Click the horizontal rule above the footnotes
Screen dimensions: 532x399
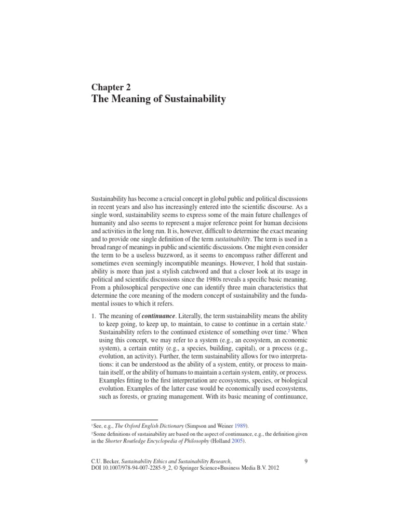click(124, 419)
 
